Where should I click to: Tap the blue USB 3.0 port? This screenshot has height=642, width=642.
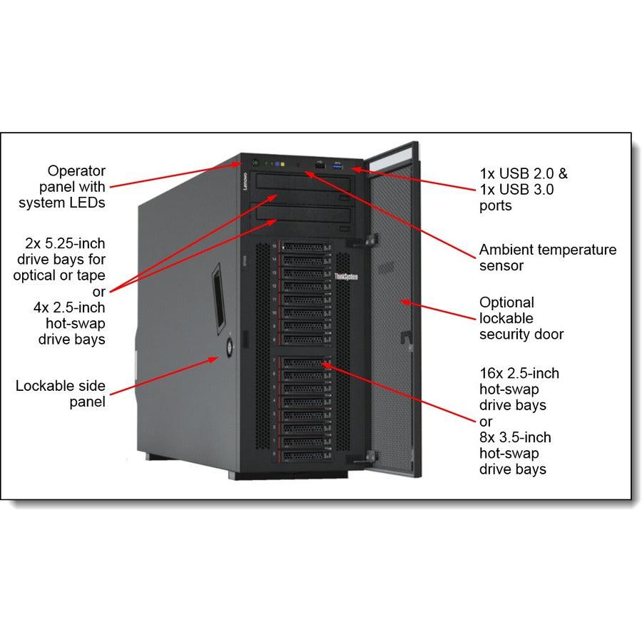click(x=336, y=167)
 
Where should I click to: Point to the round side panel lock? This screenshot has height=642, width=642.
click(x=230, y=348)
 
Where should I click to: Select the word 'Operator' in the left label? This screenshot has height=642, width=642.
click(x=76, y=170)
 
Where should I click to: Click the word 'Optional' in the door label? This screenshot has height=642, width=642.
click(x=506, y=302)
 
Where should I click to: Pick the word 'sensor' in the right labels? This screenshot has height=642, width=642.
click(x=501, y=266)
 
